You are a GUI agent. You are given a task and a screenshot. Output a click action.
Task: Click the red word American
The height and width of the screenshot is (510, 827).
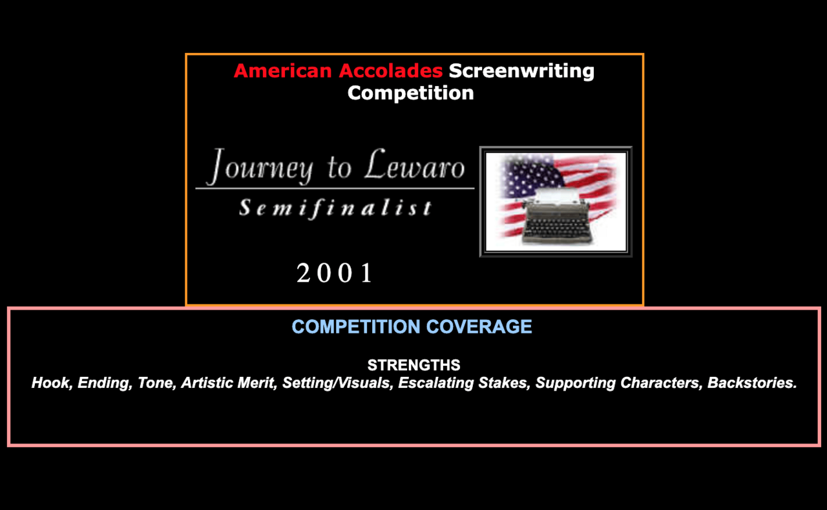point(283,70)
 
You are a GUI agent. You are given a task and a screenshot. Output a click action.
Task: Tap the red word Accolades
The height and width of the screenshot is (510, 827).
point(391,70)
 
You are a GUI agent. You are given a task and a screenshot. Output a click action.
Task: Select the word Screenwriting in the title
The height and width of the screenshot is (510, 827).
point(521,71)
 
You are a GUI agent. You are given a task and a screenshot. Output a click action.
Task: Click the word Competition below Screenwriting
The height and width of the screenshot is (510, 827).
point(410,93)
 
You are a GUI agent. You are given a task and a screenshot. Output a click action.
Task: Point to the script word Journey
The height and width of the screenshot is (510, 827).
point(260,167)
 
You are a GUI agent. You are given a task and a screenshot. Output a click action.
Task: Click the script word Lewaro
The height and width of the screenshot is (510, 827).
point(415,165)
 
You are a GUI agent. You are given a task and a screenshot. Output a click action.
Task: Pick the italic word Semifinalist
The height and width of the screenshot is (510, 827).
point(335,207)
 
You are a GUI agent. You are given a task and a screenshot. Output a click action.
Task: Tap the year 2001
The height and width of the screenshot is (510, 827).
point(334,273)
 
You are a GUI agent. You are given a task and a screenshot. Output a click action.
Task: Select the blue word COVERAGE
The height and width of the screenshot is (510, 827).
point(479,327)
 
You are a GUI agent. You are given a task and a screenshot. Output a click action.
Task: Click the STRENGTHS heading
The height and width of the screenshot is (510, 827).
point(414,365)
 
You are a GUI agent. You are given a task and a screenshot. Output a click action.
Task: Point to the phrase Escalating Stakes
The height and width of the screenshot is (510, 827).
point(464,383)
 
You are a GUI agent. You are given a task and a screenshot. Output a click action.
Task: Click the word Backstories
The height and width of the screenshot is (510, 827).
point(752,383)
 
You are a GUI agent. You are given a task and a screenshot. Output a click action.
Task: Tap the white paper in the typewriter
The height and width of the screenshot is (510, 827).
point(556,196)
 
